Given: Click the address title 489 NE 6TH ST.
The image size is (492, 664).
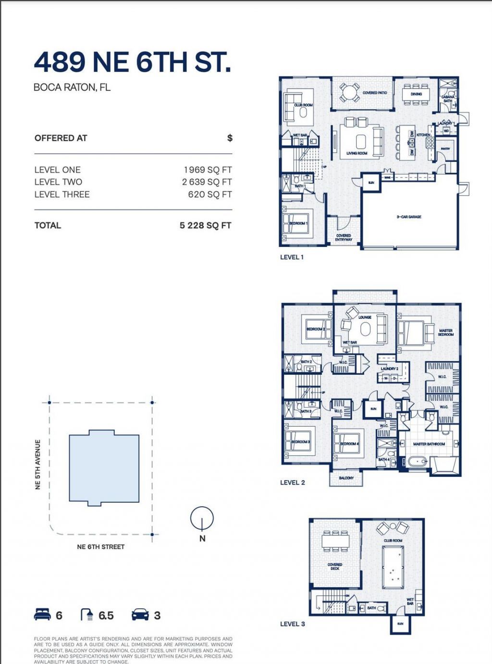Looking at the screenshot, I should click(132, 62).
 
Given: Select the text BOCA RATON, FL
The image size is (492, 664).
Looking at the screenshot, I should click(72, 88).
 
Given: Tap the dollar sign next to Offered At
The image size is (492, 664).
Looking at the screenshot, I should click(230, 138).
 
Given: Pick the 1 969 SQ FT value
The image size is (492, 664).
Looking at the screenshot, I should click(208, 170).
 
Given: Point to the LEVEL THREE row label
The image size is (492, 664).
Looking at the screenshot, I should click(62, 194).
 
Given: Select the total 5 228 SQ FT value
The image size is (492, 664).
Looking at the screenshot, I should click(205, 225).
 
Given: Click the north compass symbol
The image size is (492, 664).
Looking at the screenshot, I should click(202, 518).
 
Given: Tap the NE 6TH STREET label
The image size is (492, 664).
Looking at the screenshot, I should click(101, 547).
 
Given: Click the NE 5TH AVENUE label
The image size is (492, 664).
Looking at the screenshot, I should click(38, 465).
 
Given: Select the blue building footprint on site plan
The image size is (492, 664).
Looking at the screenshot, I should click(104, 468).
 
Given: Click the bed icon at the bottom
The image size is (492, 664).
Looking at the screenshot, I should click(42, 614).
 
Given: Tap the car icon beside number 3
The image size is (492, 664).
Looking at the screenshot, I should click(140, 614).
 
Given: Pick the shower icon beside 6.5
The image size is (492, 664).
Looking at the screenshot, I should click(87, 614).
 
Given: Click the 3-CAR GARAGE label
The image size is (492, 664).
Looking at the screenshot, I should click(409, 217).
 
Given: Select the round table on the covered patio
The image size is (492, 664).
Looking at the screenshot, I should click(349, 91).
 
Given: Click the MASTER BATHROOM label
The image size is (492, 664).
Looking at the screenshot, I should click(429, 444).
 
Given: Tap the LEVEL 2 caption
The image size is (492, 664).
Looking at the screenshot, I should click(292, 483).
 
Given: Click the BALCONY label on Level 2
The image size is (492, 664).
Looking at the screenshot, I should click(346, 478).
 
